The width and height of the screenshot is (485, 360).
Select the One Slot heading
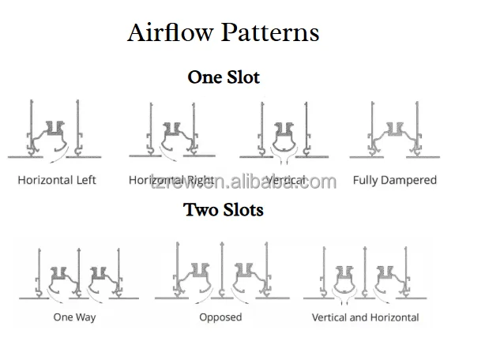click(224, 77)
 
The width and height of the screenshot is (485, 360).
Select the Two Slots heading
click(224, 210)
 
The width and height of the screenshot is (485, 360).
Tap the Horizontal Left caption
click(57, 180)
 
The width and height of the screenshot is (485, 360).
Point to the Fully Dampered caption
click(395, 180)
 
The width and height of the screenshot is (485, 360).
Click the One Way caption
click(73, 317)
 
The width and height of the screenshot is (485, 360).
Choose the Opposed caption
click(220, 317)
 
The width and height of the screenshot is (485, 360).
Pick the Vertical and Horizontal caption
click(366, 317)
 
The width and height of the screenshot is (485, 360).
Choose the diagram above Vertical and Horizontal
click(365, 272)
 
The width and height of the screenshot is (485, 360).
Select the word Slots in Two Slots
click(241, 210)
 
